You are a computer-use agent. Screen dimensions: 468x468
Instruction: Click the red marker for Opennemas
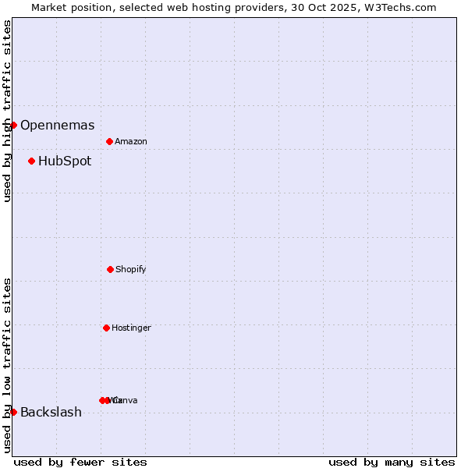coord(13,125)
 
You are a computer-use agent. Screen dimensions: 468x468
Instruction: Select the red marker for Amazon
coord(110,141)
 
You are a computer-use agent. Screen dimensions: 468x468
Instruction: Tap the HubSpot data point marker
coord(32,161)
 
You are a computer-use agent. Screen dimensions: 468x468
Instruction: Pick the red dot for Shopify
coord(110,269)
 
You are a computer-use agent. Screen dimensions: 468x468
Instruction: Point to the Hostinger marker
coord(106,328)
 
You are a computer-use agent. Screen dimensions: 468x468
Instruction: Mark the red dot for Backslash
coord(13,412)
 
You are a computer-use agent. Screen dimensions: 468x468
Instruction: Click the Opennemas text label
coord(58,126)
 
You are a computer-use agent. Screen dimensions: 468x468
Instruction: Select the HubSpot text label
coord(65,161)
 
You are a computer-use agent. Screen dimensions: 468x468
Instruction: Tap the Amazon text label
coord(131,142)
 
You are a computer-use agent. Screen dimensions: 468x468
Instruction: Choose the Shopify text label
coord(131,270)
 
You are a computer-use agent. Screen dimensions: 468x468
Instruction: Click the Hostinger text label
coord(131,328)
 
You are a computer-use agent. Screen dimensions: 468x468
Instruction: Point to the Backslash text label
coord(51,413)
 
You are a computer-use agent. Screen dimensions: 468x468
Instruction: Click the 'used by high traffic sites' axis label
coord(8,111)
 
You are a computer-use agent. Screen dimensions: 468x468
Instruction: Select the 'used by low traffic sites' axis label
coord(8,365)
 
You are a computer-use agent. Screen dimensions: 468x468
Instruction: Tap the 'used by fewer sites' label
coord(80,462)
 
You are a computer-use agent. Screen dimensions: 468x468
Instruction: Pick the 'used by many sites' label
coord(392,462)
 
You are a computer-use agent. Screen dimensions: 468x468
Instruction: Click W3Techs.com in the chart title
coord(399,7)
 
